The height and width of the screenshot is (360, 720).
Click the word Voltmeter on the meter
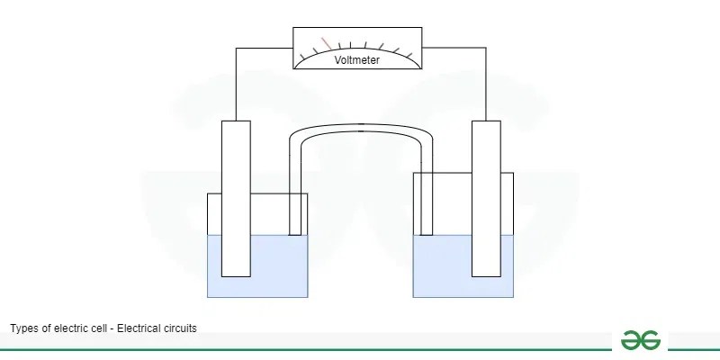click(356, 60)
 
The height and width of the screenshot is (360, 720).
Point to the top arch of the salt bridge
click(360, 128)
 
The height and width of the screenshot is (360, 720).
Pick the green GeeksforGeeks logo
click(640, 340)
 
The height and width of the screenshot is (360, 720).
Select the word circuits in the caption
click(178, 328)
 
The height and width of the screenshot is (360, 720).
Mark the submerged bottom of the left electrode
click(236, 265)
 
